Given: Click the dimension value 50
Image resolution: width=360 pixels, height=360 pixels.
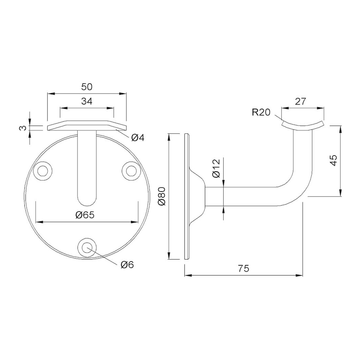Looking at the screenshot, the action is [x=87, y=87].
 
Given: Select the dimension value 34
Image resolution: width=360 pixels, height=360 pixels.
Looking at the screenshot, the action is [x=87, y=101].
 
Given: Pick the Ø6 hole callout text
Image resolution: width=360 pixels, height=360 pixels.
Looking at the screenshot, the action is [x=127, y=265].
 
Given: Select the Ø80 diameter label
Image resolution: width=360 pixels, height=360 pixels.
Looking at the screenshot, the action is [x=162, y=196].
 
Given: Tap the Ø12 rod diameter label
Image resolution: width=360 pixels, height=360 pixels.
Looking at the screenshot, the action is [x=216, y=168].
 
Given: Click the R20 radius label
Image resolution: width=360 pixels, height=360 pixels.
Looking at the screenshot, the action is [x=261, y=112].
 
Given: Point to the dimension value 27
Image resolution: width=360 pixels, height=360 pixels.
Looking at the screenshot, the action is [x=300, y=101].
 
